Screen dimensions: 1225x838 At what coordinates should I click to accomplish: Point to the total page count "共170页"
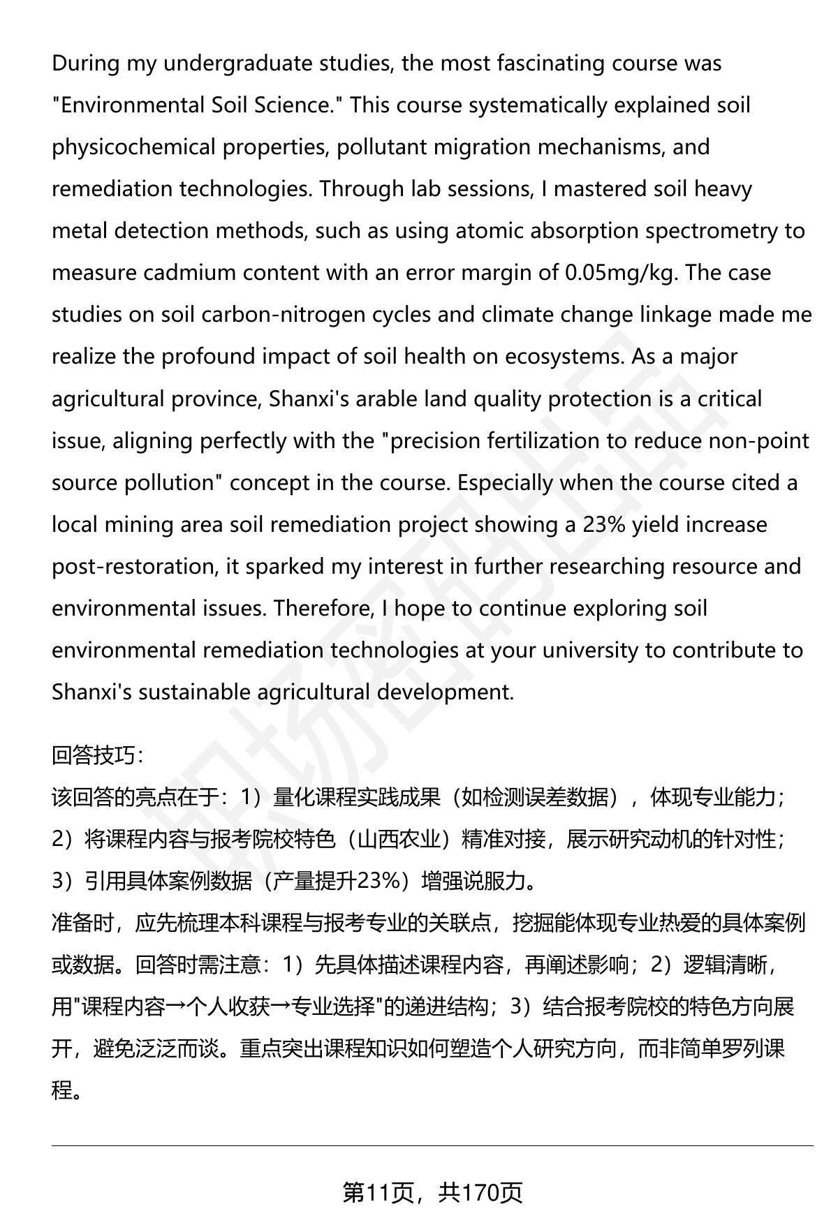click(480, 1192)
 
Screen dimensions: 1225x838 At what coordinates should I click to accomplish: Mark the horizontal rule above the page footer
click(432, 1145)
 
